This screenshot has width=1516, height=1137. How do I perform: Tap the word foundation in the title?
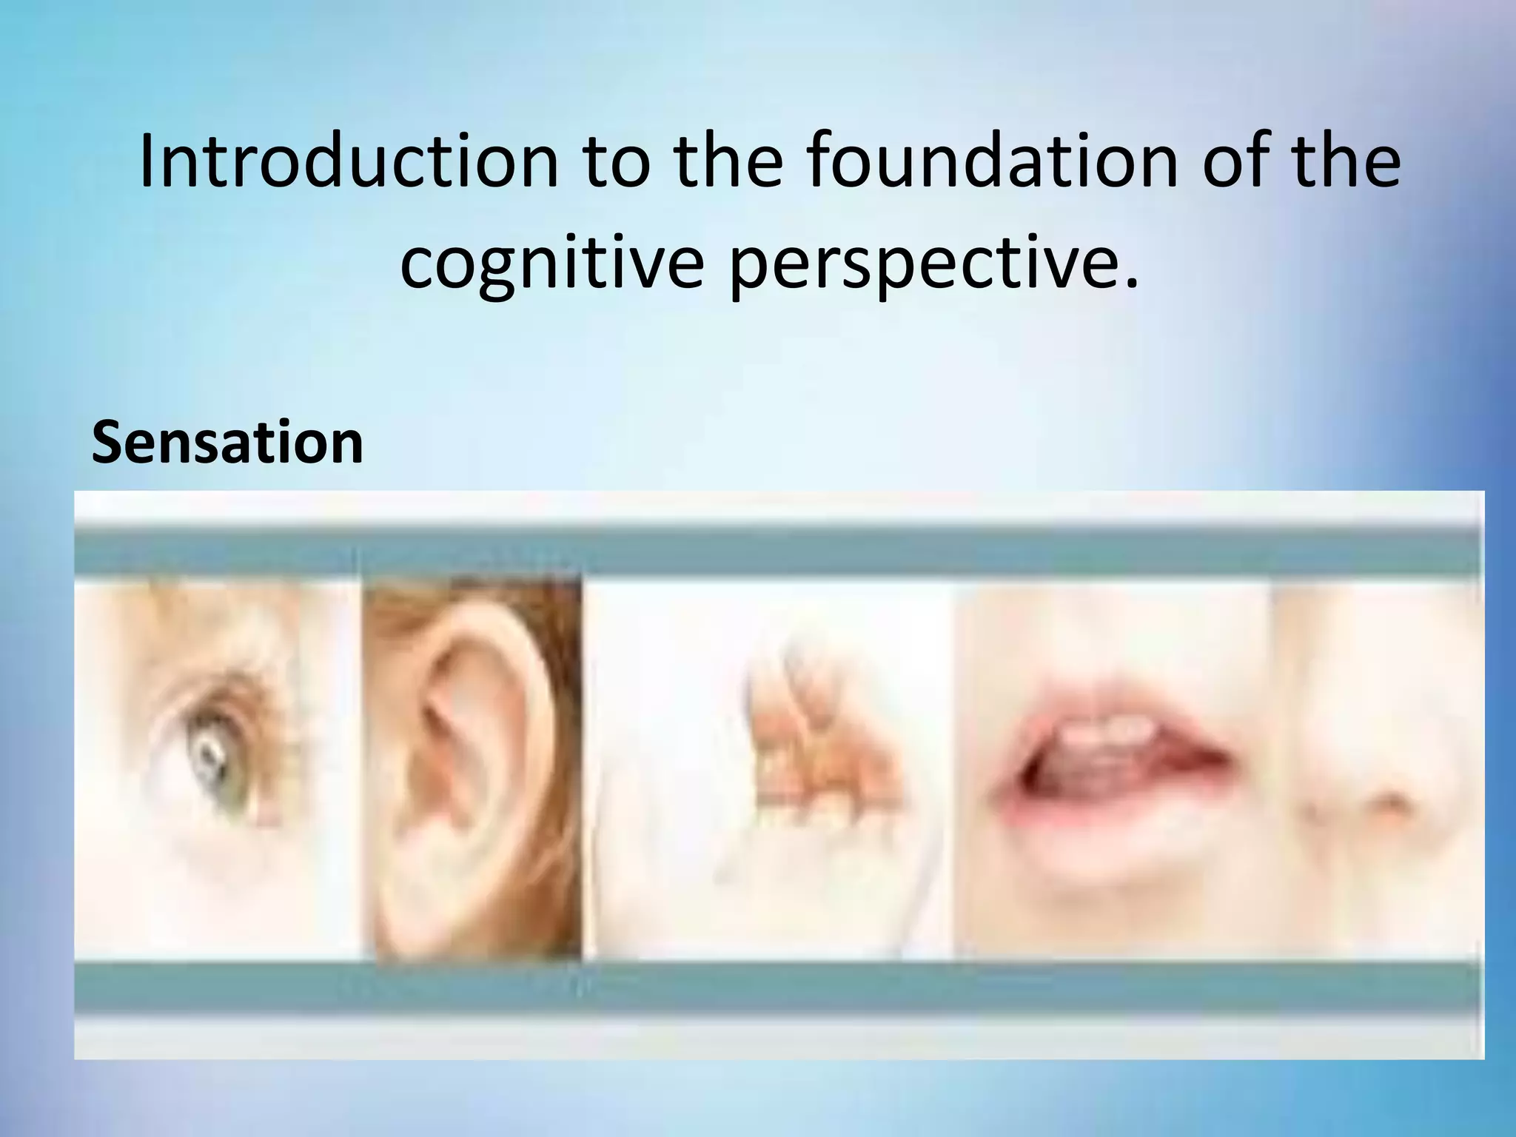[992, 161]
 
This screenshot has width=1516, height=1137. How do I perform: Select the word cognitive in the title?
[551, 264]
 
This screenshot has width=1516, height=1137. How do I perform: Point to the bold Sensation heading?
[227, 443]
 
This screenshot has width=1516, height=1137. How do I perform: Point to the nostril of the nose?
[1392, 803]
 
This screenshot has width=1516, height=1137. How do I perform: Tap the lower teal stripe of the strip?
[777, 988]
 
